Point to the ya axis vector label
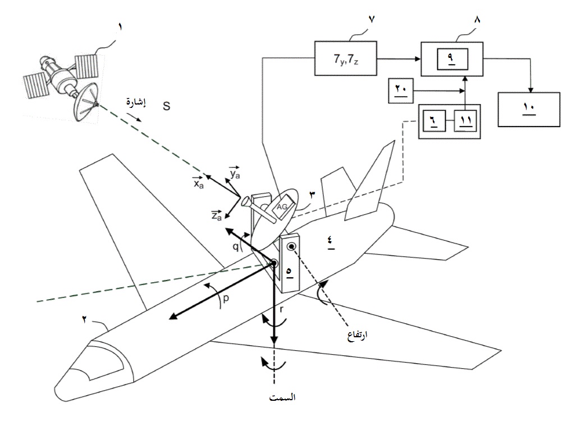[x=235, y=173]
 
